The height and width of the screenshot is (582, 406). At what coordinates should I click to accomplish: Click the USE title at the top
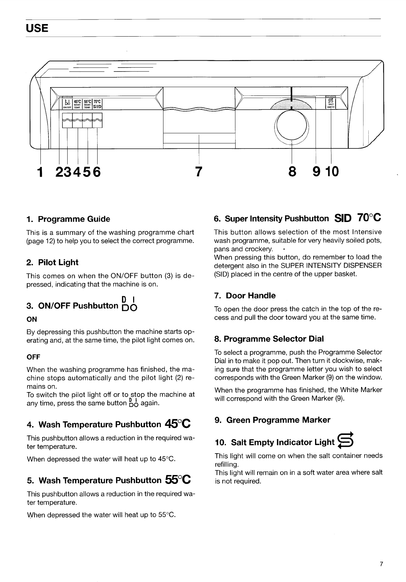[37, 28]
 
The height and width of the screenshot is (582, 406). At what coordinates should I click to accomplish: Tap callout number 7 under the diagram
[198, 171]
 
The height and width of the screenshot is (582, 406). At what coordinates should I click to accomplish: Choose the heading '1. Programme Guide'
[68, 219]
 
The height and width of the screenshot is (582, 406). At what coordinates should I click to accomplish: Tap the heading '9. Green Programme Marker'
[273, 420]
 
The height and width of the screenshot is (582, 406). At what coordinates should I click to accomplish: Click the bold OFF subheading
[33, 357]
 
